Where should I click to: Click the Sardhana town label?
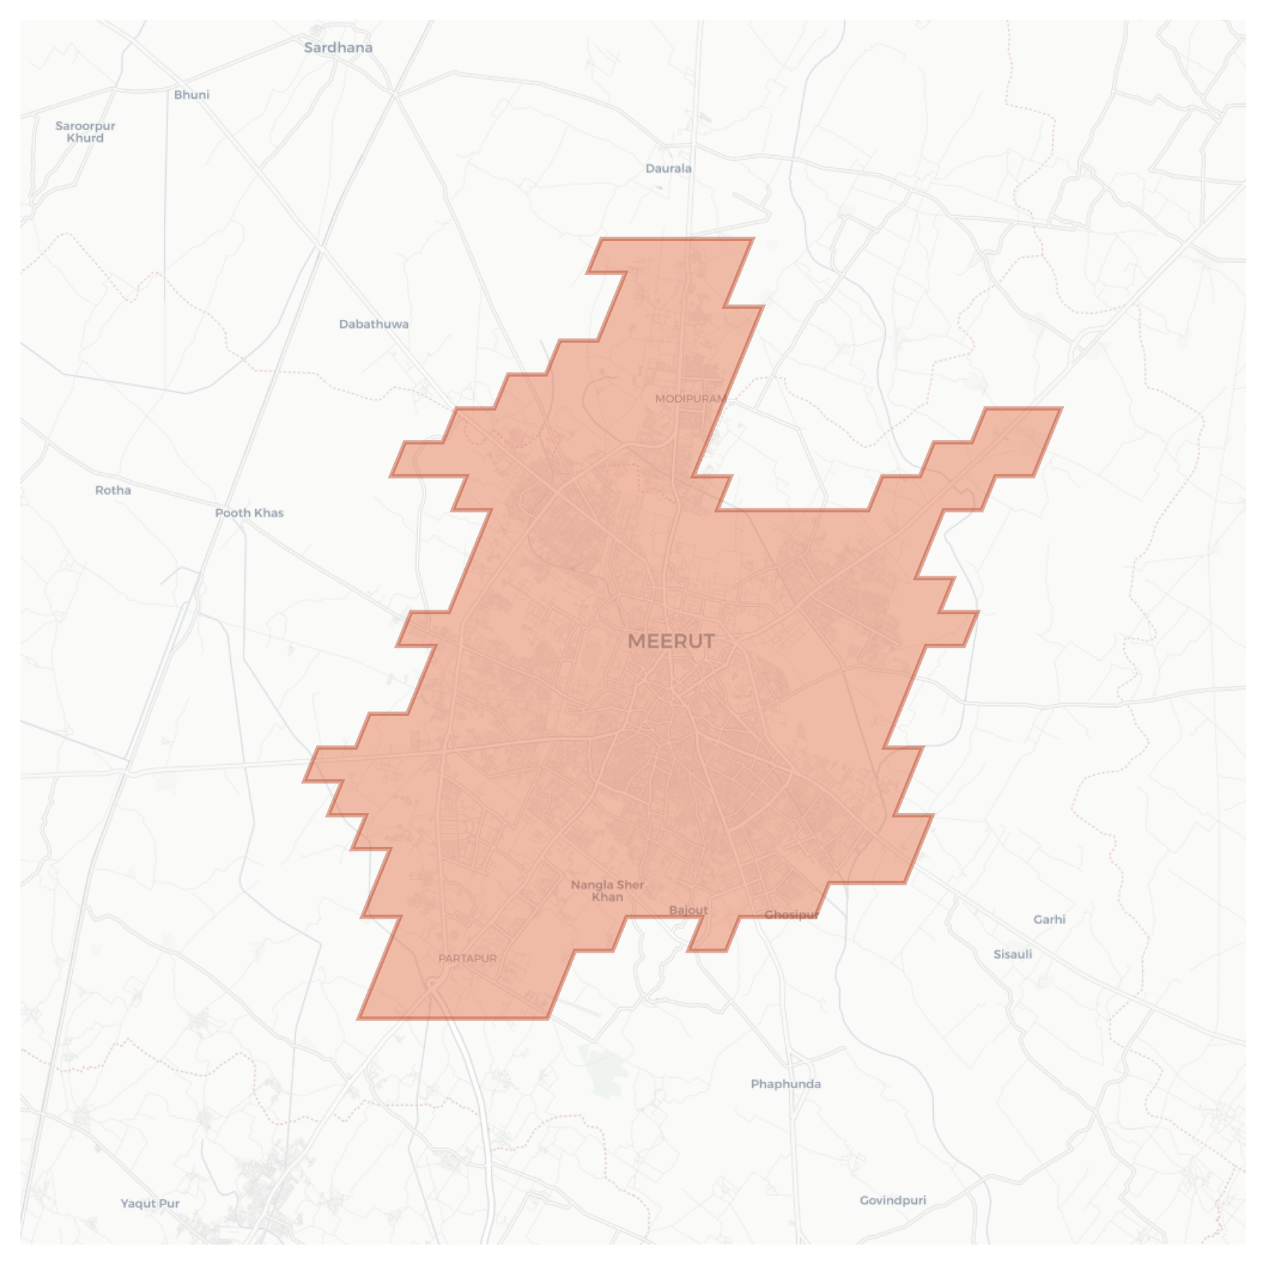(338, 48)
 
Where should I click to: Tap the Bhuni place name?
(191, 95)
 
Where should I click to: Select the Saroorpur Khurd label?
(85, 131)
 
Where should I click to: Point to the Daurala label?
(668, 168)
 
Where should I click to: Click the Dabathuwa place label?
(374, 324)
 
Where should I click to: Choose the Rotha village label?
(113, 490)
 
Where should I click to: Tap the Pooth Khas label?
(249, 513)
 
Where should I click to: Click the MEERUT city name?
(670, 641)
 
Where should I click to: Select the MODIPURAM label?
(690, 399)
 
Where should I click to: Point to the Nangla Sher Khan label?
(607, 891)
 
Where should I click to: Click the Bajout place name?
(688, 910)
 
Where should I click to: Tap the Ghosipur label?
(791, 915)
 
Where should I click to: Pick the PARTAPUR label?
(467, 959)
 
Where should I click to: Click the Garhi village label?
(1049, 919)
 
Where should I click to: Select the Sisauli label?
(1012, 954)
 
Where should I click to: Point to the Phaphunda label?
(785, 1084)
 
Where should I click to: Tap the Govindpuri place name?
(892, 1200)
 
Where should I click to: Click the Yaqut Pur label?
(150, 1203)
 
